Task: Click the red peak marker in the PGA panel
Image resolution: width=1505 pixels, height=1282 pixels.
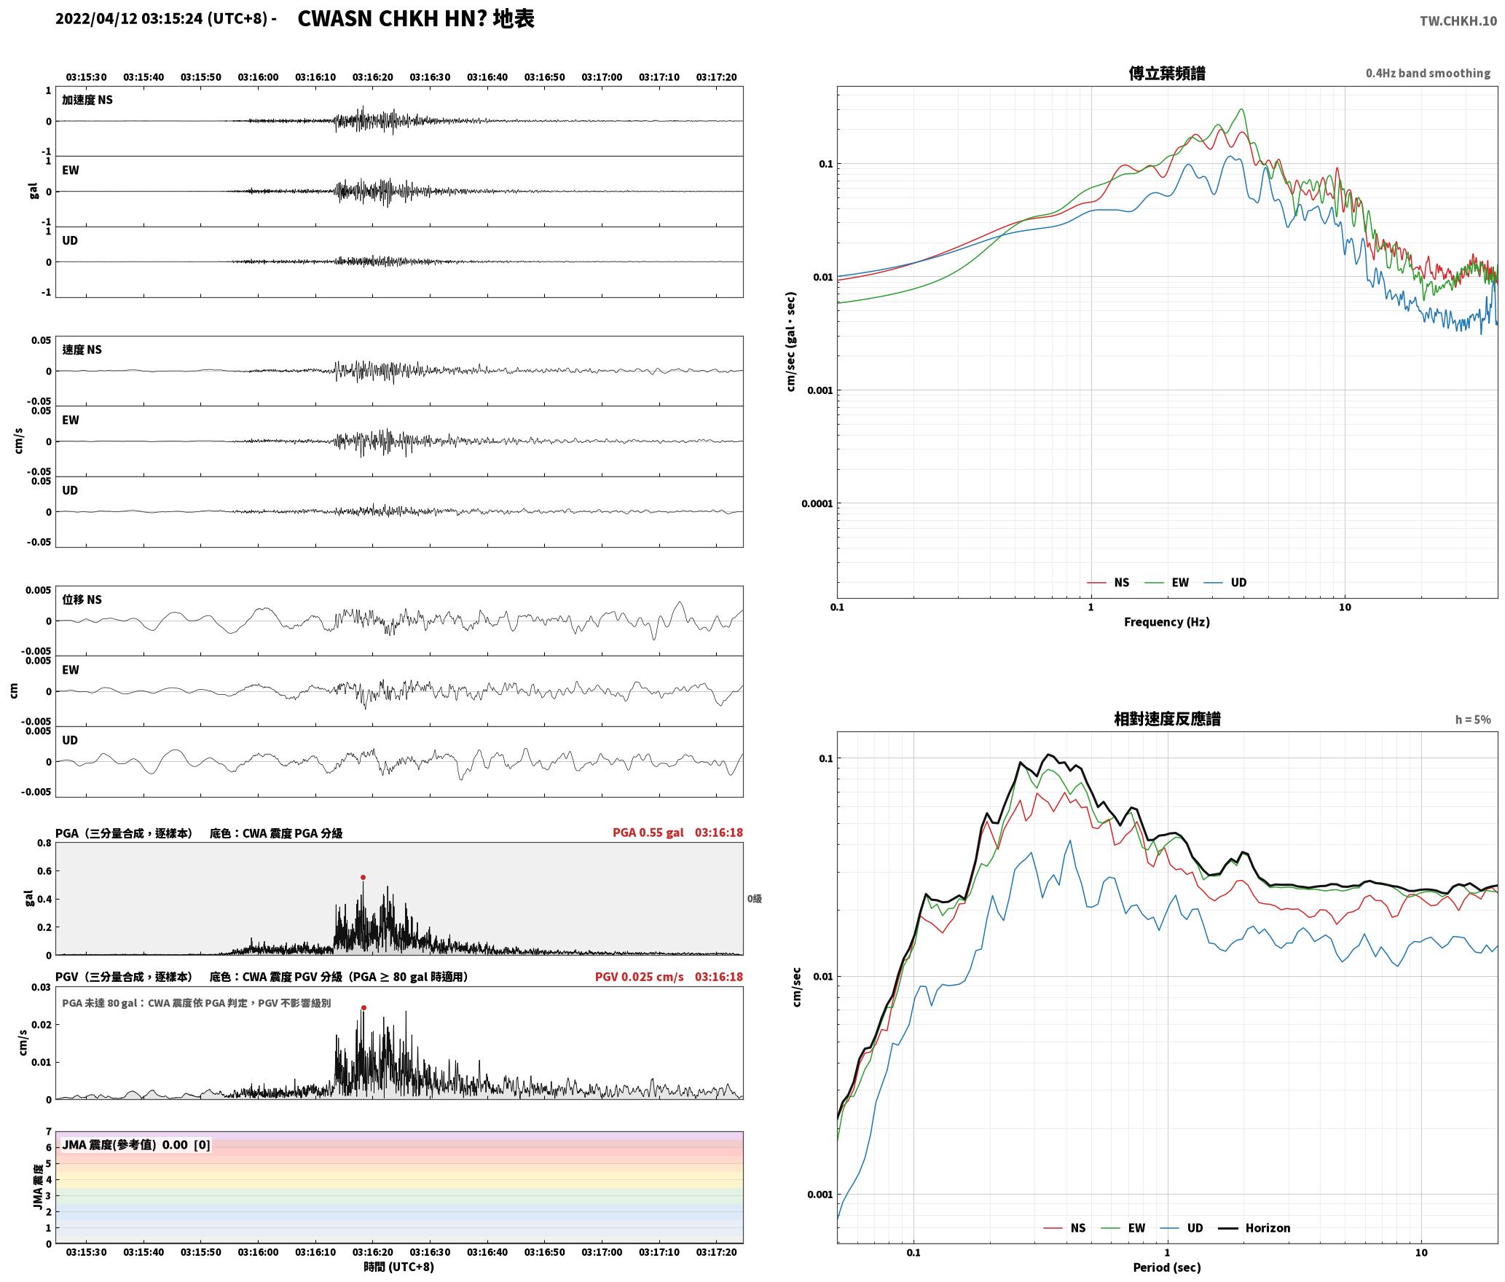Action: [363, 878]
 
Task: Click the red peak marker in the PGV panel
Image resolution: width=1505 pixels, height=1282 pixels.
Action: [364, 1008]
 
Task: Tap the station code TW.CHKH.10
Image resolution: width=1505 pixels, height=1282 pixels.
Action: [1458, 21]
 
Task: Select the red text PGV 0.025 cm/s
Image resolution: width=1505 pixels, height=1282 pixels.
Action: [639, 977]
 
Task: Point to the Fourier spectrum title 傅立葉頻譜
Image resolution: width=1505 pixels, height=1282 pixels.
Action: [1167, 73]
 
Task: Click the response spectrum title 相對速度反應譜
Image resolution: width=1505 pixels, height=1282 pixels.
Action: [1167, 719]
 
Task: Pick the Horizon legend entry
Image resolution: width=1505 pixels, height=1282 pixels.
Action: [1254, 1228]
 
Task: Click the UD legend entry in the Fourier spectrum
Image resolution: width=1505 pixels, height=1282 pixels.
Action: [1225, 583]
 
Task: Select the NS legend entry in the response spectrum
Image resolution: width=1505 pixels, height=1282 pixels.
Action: [1065, 1228]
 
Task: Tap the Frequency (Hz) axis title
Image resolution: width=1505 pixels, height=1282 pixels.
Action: [1167, 622]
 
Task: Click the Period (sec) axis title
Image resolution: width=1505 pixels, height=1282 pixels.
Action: [1167, 1268]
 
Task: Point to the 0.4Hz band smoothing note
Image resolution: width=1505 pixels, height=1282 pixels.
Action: [1428, 74]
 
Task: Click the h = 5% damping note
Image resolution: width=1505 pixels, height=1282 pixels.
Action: [1473, 720]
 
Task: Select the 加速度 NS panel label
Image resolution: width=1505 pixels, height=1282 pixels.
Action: [87, 100]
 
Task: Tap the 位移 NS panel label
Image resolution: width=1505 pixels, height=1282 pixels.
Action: [82, 599]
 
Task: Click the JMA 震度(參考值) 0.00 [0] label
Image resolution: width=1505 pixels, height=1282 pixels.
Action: [136, 1145]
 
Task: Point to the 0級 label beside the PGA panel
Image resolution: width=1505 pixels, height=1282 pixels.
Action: [755, 899]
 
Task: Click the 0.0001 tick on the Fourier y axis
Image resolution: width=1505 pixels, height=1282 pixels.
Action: [817, 503]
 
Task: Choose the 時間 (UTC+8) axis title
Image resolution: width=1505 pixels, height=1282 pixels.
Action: [399, 1267]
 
